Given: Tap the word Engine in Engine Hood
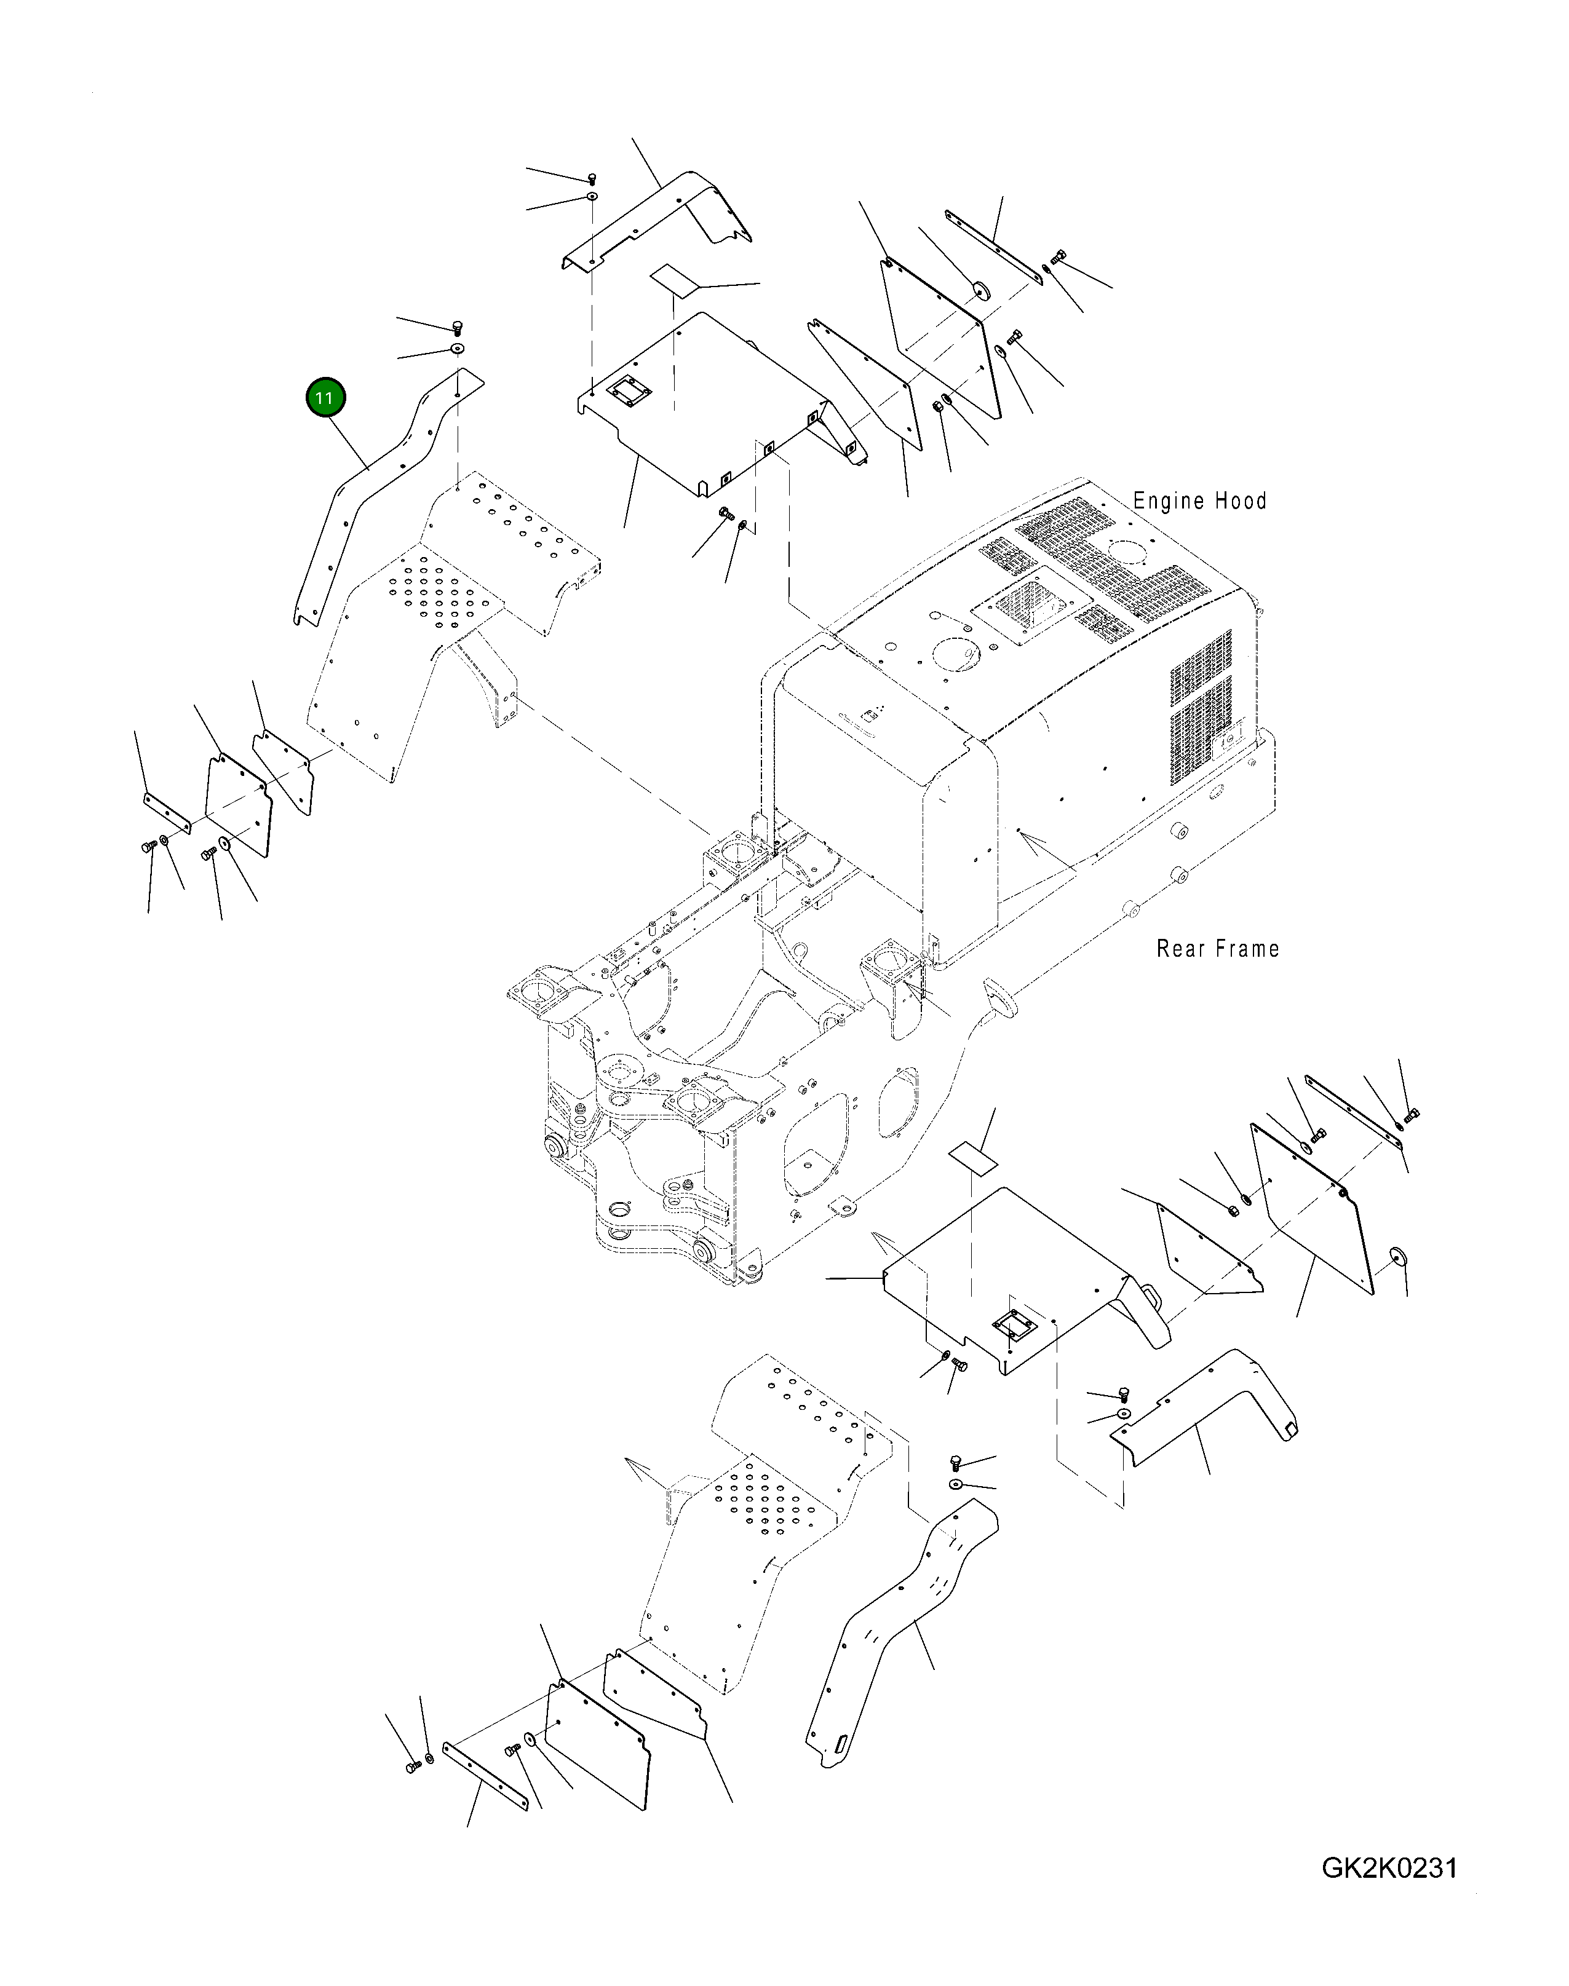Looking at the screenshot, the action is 1169,501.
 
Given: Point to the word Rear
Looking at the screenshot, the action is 1182,949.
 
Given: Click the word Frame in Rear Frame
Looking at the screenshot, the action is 1249,949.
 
